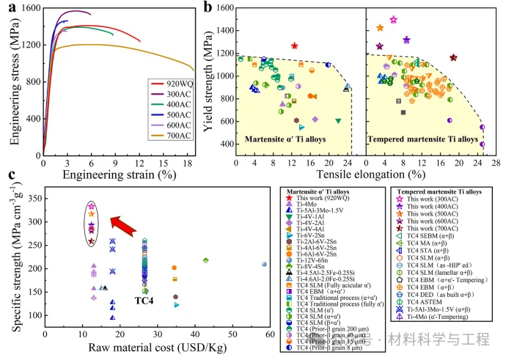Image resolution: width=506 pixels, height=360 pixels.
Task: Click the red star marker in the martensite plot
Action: [x=295, y=45]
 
